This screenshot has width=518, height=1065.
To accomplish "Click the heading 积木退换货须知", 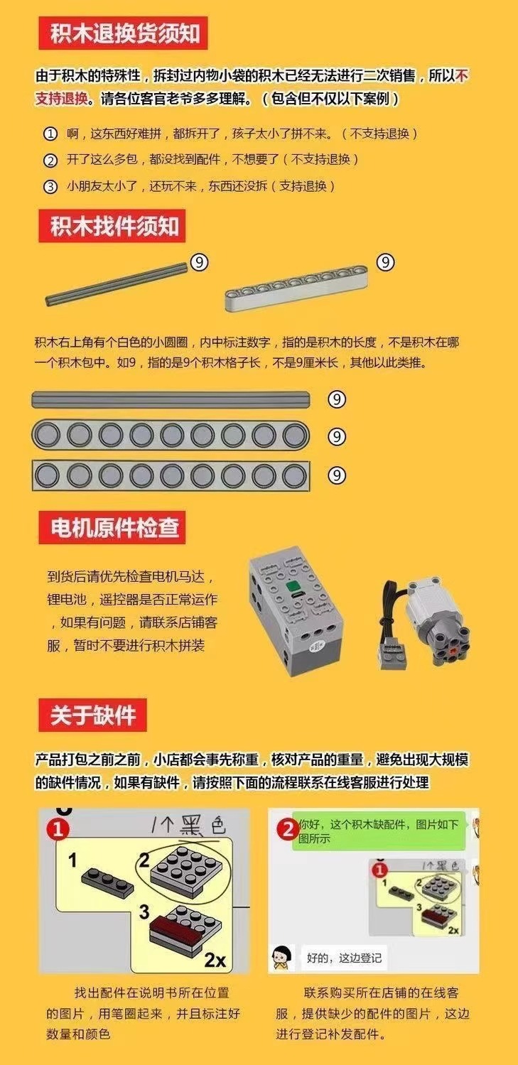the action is [124, 34].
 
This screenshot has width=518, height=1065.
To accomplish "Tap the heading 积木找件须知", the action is [114, 227].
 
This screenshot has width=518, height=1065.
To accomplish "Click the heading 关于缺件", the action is [93, 715].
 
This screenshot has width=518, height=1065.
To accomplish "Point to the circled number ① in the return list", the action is [50, 134].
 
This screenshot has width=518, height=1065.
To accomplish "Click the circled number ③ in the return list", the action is [50, 186].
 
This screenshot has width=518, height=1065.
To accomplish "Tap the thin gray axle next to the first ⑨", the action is [117, 284].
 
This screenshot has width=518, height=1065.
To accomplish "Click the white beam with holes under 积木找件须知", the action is [296, 288].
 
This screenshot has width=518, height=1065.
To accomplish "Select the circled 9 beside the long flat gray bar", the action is [337, 399].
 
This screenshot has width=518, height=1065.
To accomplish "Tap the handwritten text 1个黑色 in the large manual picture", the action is [189, 826].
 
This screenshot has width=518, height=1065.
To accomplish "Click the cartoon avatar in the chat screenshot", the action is [282, 956].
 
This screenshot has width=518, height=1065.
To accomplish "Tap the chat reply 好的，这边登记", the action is [344, 957].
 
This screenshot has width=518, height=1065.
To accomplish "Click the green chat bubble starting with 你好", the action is [379, 831].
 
